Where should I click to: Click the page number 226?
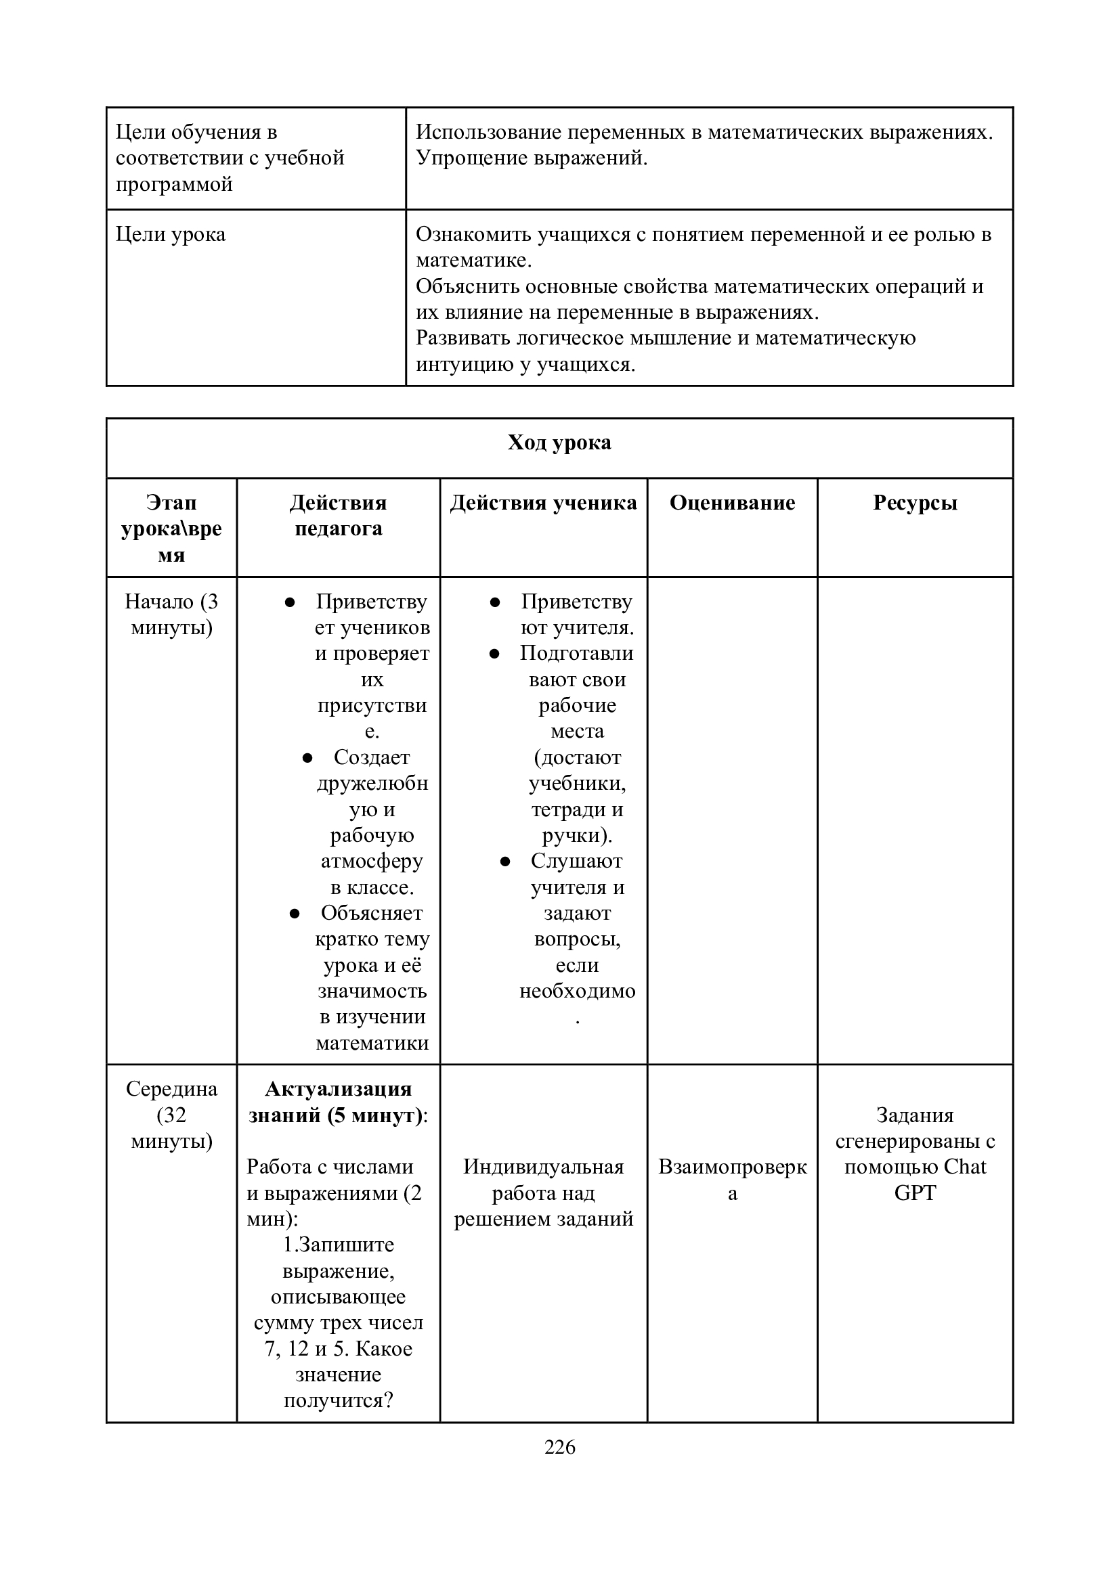[559, 1446]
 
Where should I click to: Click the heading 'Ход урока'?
[559, 442]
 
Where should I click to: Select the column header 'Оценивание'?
[732, 503]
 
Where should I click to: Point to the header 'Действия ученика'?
[544, 503]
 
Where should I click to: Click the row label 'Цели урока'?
[171, 234]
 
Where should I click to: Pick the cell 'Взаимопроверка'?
[732, 1180]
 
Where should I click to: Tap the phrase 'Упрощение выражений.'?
[532, 158]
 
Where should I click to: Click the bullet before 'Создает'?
[307, 758]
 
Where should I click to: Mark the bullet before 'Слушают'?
[505, 861]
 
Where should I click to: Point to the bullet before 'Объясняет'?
[295, 914]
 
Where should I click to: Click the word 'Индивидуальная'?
[544, 1167]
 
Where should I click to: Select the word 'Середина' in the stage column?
[171, 1089]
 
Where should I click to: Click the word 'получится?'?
[338, 1400]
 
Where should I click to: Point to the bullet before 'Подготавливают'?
[494, 654]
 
